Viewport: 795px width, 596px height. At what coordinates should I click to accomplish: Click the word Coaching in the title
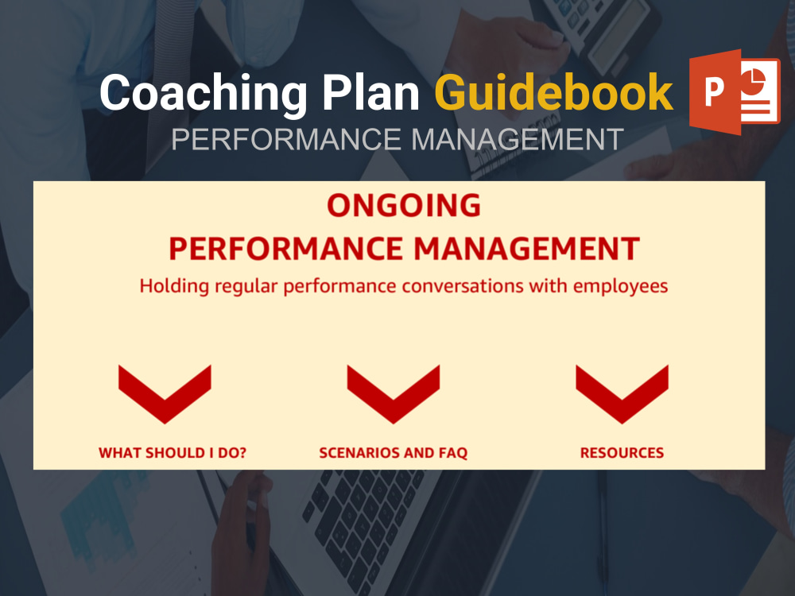pyautogui.click(x=202, y=94)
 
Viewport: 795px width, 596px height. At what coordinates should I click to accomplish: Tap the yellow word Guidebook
pyautogui.click(x=553, y=94)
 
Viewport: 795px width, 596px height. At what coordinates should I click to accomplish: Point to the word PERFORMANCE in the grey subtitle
pyautogui.click(x=287, y=140)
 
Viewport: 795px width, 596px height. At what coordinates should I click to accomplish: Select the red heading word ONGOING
pyautogui.click(x=404, y=206)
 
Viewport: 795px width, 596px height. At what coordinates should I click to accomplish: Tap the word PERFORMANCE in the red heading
pyautogui.click(x=285, y=249)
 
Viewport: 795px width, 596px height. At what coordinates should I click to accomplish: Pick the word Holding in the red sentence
pyautogui.click(x=169, y=286)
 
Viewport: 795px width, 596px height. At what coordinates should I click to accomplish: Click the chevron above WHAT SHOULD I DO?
pyautogui.click(x=165, y=392)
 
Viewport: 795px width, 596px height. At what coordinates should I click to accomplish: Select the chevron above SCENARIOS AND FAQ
pyautogui.click(x=394, y=392)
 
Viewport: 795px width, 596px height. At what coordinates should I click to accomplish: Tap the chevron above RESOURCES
pyautogui.click(x=622, y=392)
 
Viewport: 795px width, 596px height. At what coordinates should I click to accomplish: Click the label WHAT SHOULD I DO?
pyautogui.click(x=173, y=453)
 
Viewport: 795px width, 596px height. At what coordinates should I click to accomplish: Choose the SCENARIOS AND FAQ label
pyautogui.click(x=393, y=453)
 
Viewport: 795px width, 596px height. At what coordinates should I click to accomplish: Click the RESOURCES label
pyautogui.click(x=622, y=453)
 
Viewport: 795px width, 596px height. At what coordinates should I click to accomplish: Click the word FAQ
pyautogui.click(x=452, y=453)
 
